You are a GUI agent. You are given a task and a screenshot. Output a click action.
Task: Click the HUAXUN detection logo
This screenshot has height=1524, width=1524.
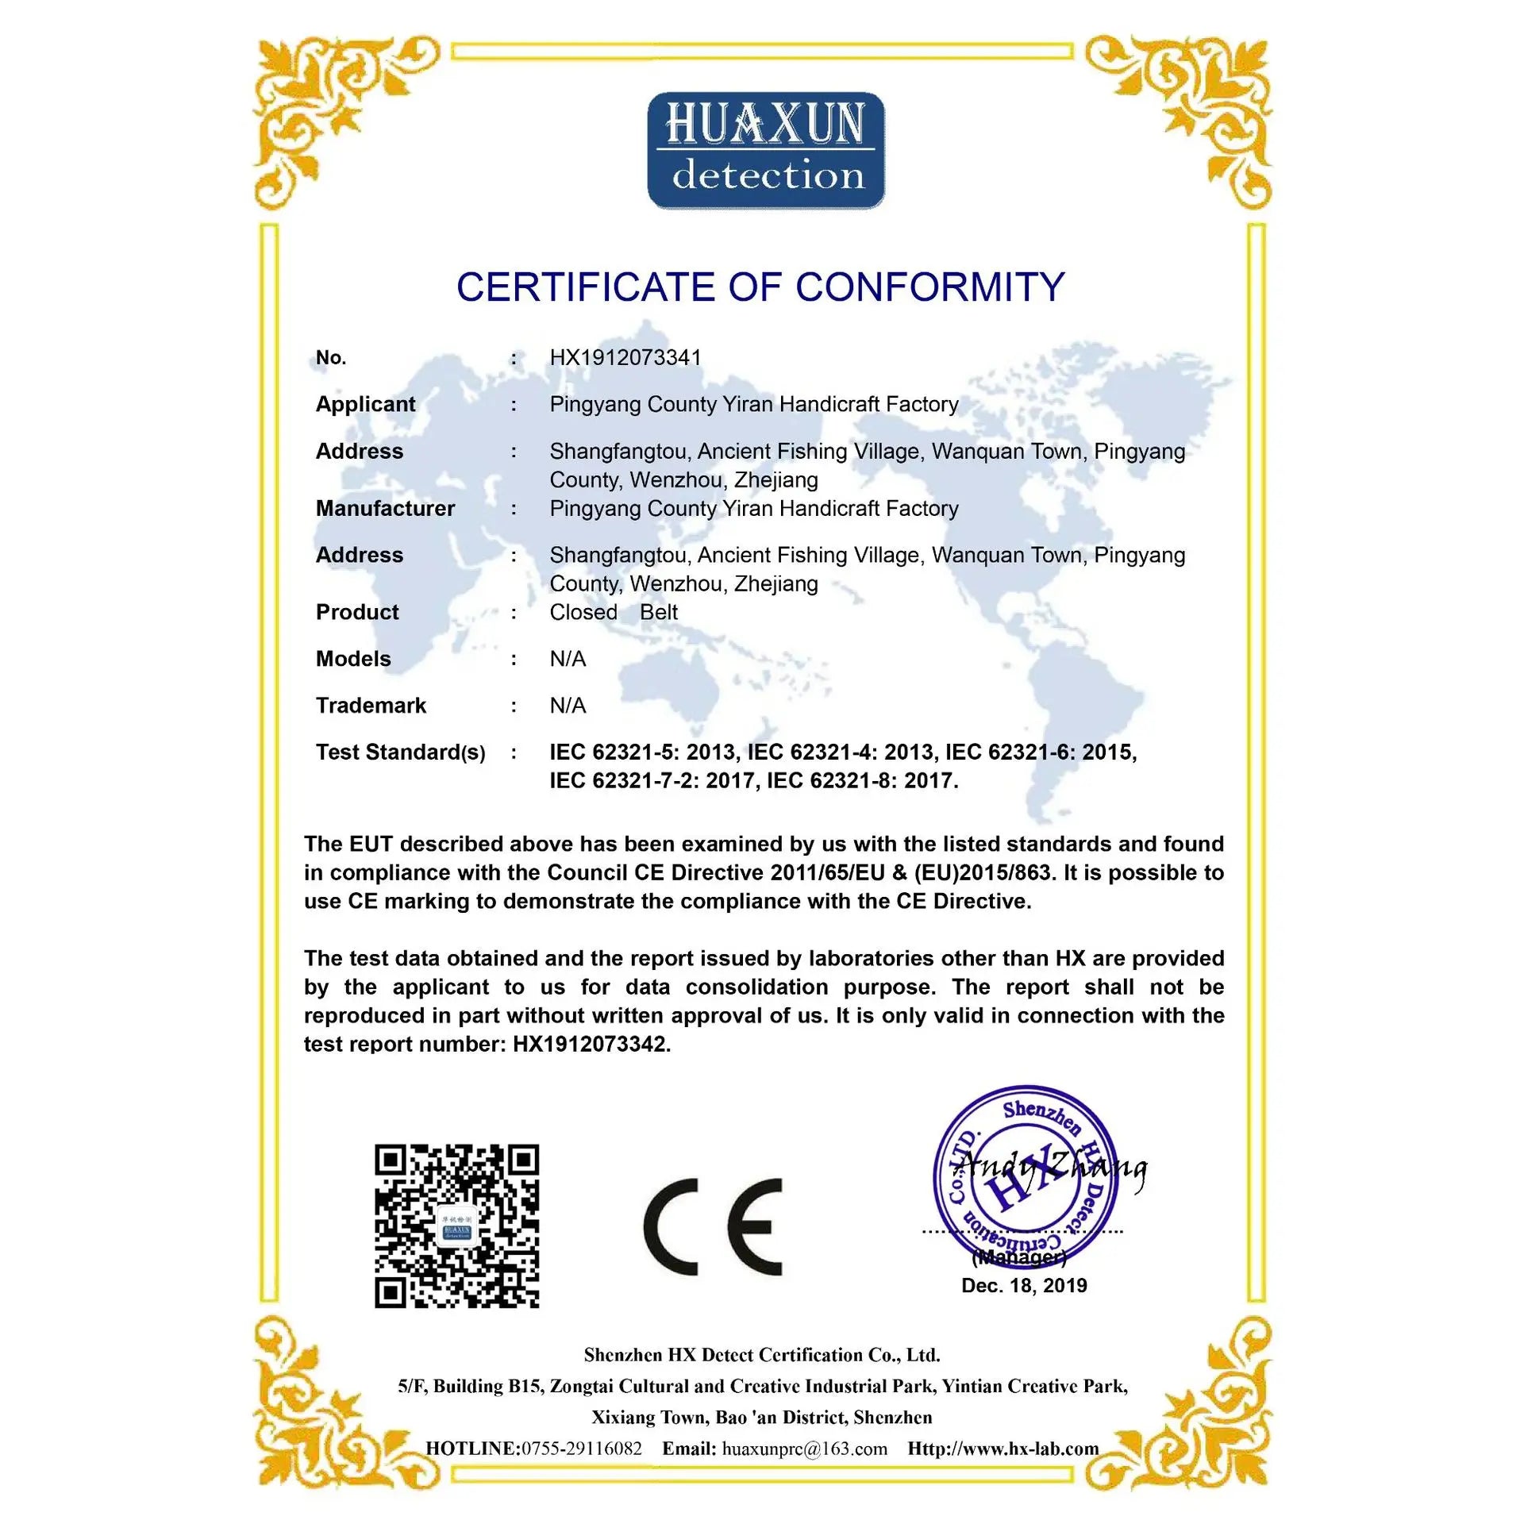point(766,151)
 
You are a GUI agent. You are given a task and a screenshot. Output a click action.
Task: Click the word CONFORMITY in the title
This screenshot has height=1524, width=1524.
point(929,287)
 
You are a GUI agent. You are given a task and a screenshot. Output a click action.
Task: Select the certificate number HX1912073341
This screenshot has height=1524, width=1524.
point(625,358)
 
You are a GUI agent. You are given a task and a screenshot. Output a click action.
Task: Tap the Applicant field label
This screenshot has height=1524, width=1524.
point(365,404)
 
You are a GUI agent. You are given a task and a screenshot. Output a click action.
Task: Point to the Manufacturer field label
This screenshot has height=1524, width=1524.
point(385,508)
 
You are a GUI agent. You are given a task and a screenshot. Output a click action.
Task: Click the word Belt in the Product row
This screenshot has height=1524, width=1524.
point(659,612)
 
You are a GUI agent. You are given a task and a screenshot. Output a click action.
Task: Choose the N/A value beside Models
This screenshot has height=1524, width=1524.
point(568,659)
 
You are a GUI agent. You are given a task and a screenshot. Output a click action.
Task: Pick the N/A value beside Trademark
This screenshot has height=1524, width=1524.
point(568,706)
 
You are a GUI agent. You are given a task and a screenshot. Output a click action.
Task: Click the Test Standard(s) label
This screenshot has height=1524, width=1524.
point(400,752)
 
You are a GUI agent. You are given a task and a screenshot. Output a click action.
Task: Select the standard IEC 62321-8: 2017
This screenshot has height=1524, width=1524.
point(862,781)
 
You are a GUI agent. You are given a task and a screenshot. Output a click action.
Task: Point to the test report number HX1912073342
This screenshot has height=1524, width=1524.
point(591,1045)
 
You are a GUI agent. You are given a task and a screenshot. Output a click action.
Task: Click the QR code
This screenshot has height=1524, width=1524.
point(456,1226)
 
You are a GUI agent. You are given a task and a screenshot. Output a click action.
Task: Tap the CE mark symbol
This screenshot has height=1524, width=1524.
point(712,1226)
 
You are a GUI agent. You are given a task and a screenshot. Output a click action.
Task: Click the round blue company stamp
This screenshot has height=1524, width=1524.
point(1024,1175)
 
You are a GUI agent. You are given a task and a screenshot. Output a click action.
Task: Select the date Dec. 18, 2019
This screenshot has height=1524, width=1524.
point(1024,1286)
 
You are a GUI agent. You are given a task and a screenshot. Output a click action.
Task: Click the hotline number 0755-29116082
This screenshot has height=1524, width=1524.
point(581,1449)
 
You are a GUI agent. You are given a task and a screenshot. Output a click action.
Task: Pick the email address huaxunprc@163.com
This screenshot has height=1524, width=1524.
point(804,1449)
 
